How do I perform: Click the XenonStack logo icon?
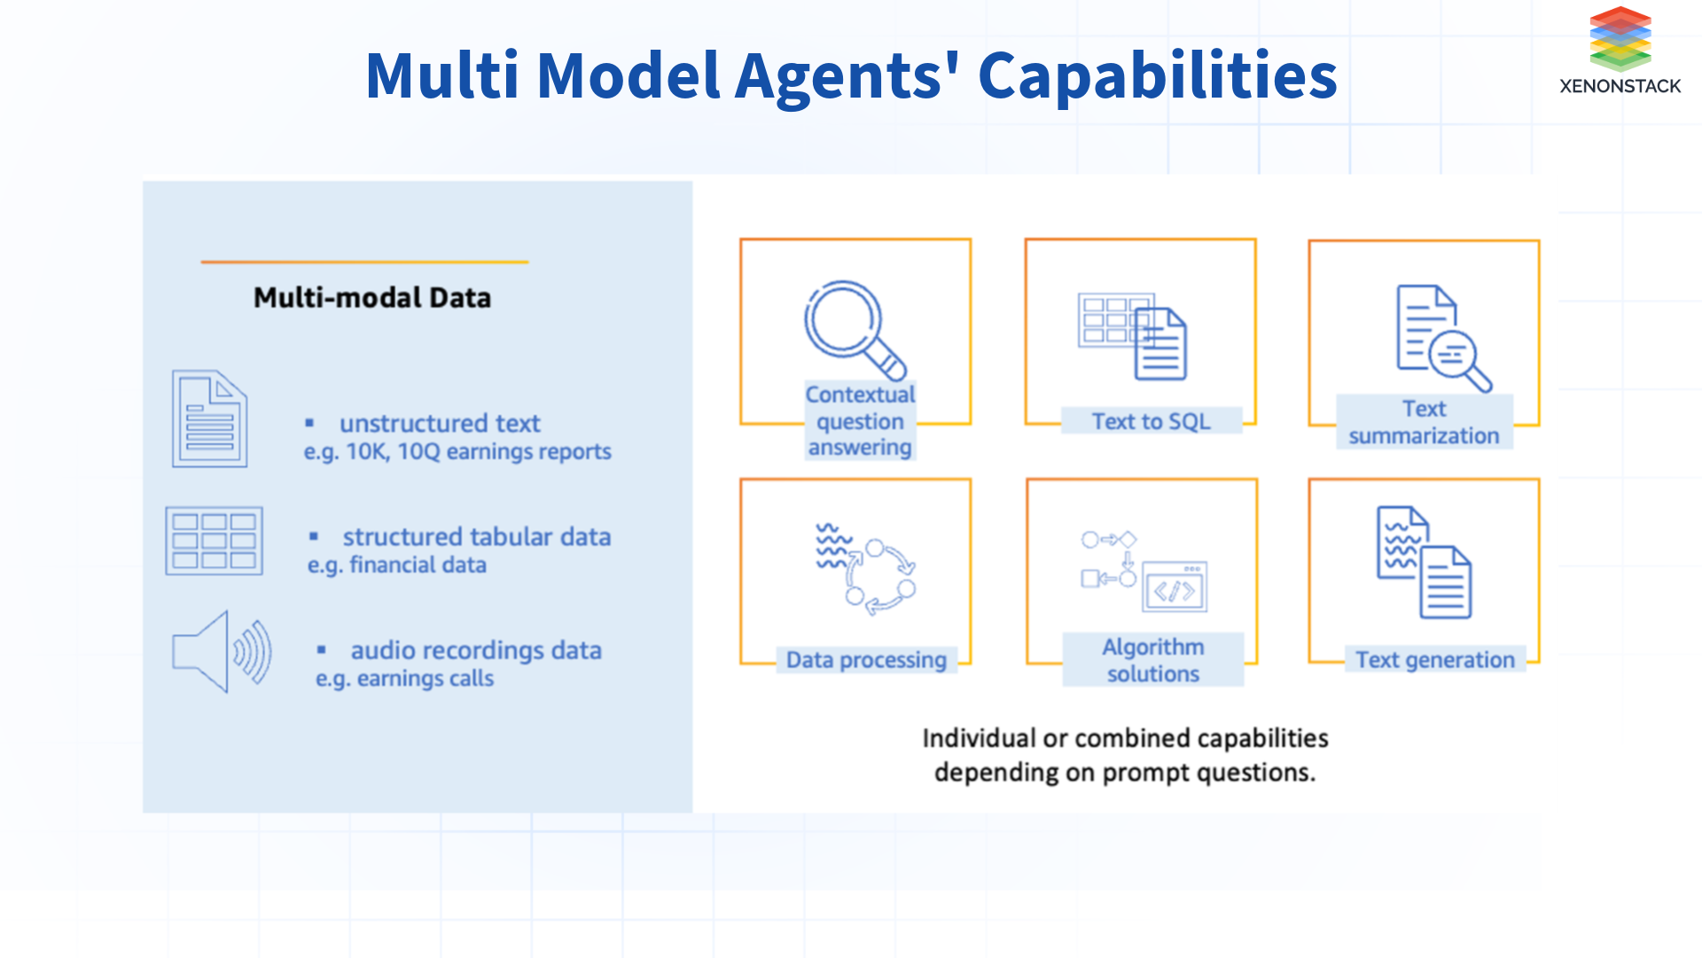point(1620,39)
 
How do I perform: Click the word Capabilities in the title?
point(1157,76)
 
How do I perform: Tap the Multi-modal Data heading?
point(372,298)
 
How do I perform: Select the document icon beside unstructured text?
point(209,419)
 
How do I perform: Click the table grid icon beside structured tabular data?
point(214,541)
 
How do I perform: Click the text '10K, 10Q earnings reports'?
point(478,452)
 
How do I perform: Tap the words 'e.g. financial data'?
point(396,566)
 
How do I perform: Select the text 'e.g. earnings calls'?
point(404,679)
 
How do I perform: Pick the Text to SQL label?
point(1151,421)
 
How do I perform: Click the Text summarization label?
point(1424,422)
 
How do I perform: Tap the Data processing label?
point(866,661)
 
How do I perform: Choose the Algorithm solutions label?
point(1152,660)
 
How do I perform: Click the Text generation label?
point(1434,660)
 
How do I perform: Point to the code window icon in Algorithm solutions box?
point(1175,587)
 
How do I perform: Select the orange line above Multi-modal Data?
point(364,263)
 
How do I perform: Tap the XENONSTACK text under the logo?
point(1620,87)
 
